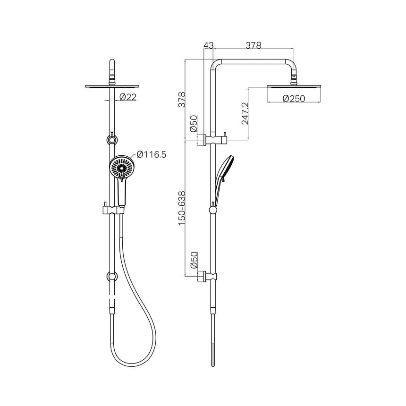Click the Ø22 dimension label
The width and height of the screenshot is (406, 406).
point(128,97)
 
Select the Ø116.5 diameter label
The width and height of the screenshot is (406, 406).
point(151,154)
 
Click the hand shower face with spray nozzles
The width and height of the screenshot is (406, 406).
point(121,168)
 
